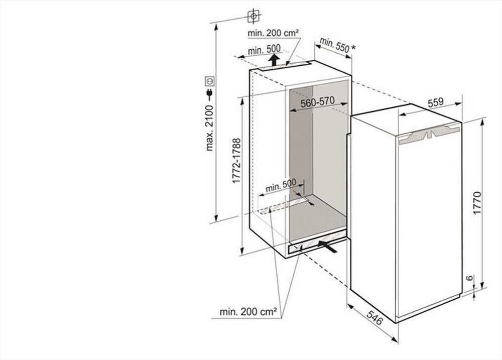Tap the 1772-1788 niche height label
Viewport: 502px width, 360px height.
(x=236, y=161)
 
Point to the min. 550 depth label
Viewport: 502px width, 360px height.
(x=334, y=46)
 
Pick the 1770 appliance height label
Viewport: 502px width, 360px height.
(x=477, y=203)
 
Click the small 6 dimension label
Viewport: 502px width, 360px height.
(x=469, y=278)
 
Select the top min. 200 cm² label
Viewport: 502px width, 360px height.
(x=273, y=33)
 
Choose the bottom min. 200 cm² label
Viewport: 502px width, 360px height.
(x=248, y=312)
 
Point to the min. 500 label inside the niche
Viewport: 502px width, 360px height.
(x=281, y=185)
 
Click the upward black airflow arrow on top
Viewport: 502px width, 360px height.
(x=274, y=60)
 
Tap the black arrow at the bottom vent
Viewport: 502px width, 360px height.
(x=328, y=246)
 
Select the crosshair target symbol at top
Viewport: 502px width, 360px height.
(x=254, y=16)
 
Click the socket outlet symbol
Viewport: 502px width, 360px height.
(x=210, y=80)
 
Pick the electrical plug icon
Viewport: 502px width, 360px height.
(x=210, y=94)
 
